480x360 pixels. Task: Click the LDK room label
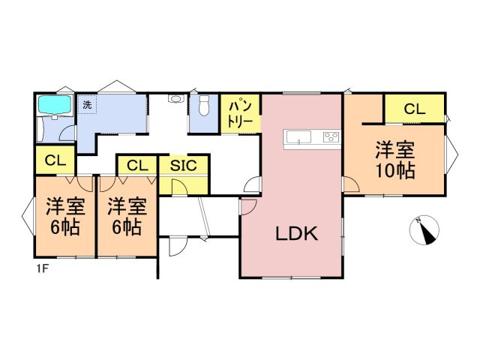click(x=298, y=233)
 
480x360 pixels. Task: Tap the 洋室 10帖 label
click(x=395, y=160)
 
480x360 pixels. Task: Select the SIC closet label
click(x=183, y=165)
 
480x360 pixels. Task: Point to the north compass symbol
click(x=426, y=231)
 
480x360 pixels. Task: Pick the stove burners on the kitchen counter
click(x=331, y=137)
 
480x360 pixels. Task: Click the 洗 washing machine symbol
click(x=87, y=105)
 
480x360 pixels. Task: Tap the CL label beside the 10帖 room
click(x=414, y=109)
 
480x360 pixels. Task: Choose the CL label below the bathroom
click(x=54, y=160)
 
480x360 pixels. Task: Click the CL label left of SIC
click(x=136, y=165)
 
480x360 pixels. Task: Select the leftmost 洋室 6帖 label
click(x=64, y=215)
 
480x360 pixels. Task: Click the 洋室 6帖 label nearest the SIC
click(x=125, y=215)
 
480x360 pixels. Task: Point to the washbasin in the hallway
click(x=176, y=99)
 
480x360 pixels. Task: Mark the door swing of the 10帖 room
click(x=350, y=184)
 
